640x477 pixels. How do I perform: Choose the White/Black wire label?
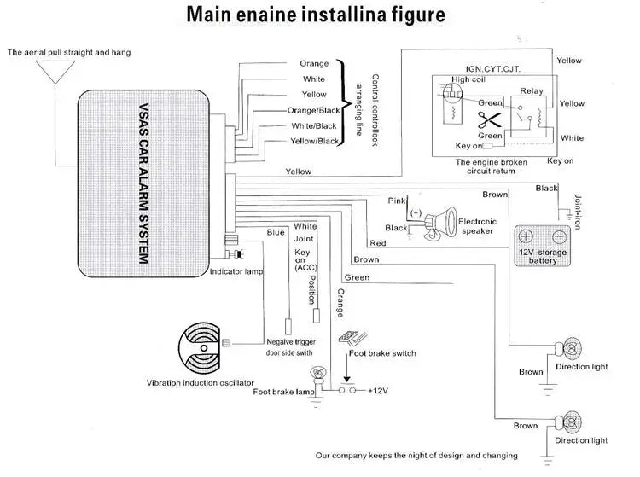(x=313, y=125)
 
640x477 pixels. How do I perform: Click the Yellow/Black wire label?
(x=313, y=141)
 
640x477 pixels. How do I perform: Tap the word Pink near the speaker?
(x=397, y=200)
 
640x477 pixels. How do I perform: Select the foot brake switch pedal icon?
(x=351, y=339)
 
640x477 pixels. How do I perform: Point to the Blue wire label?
(x=276, y=232)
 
